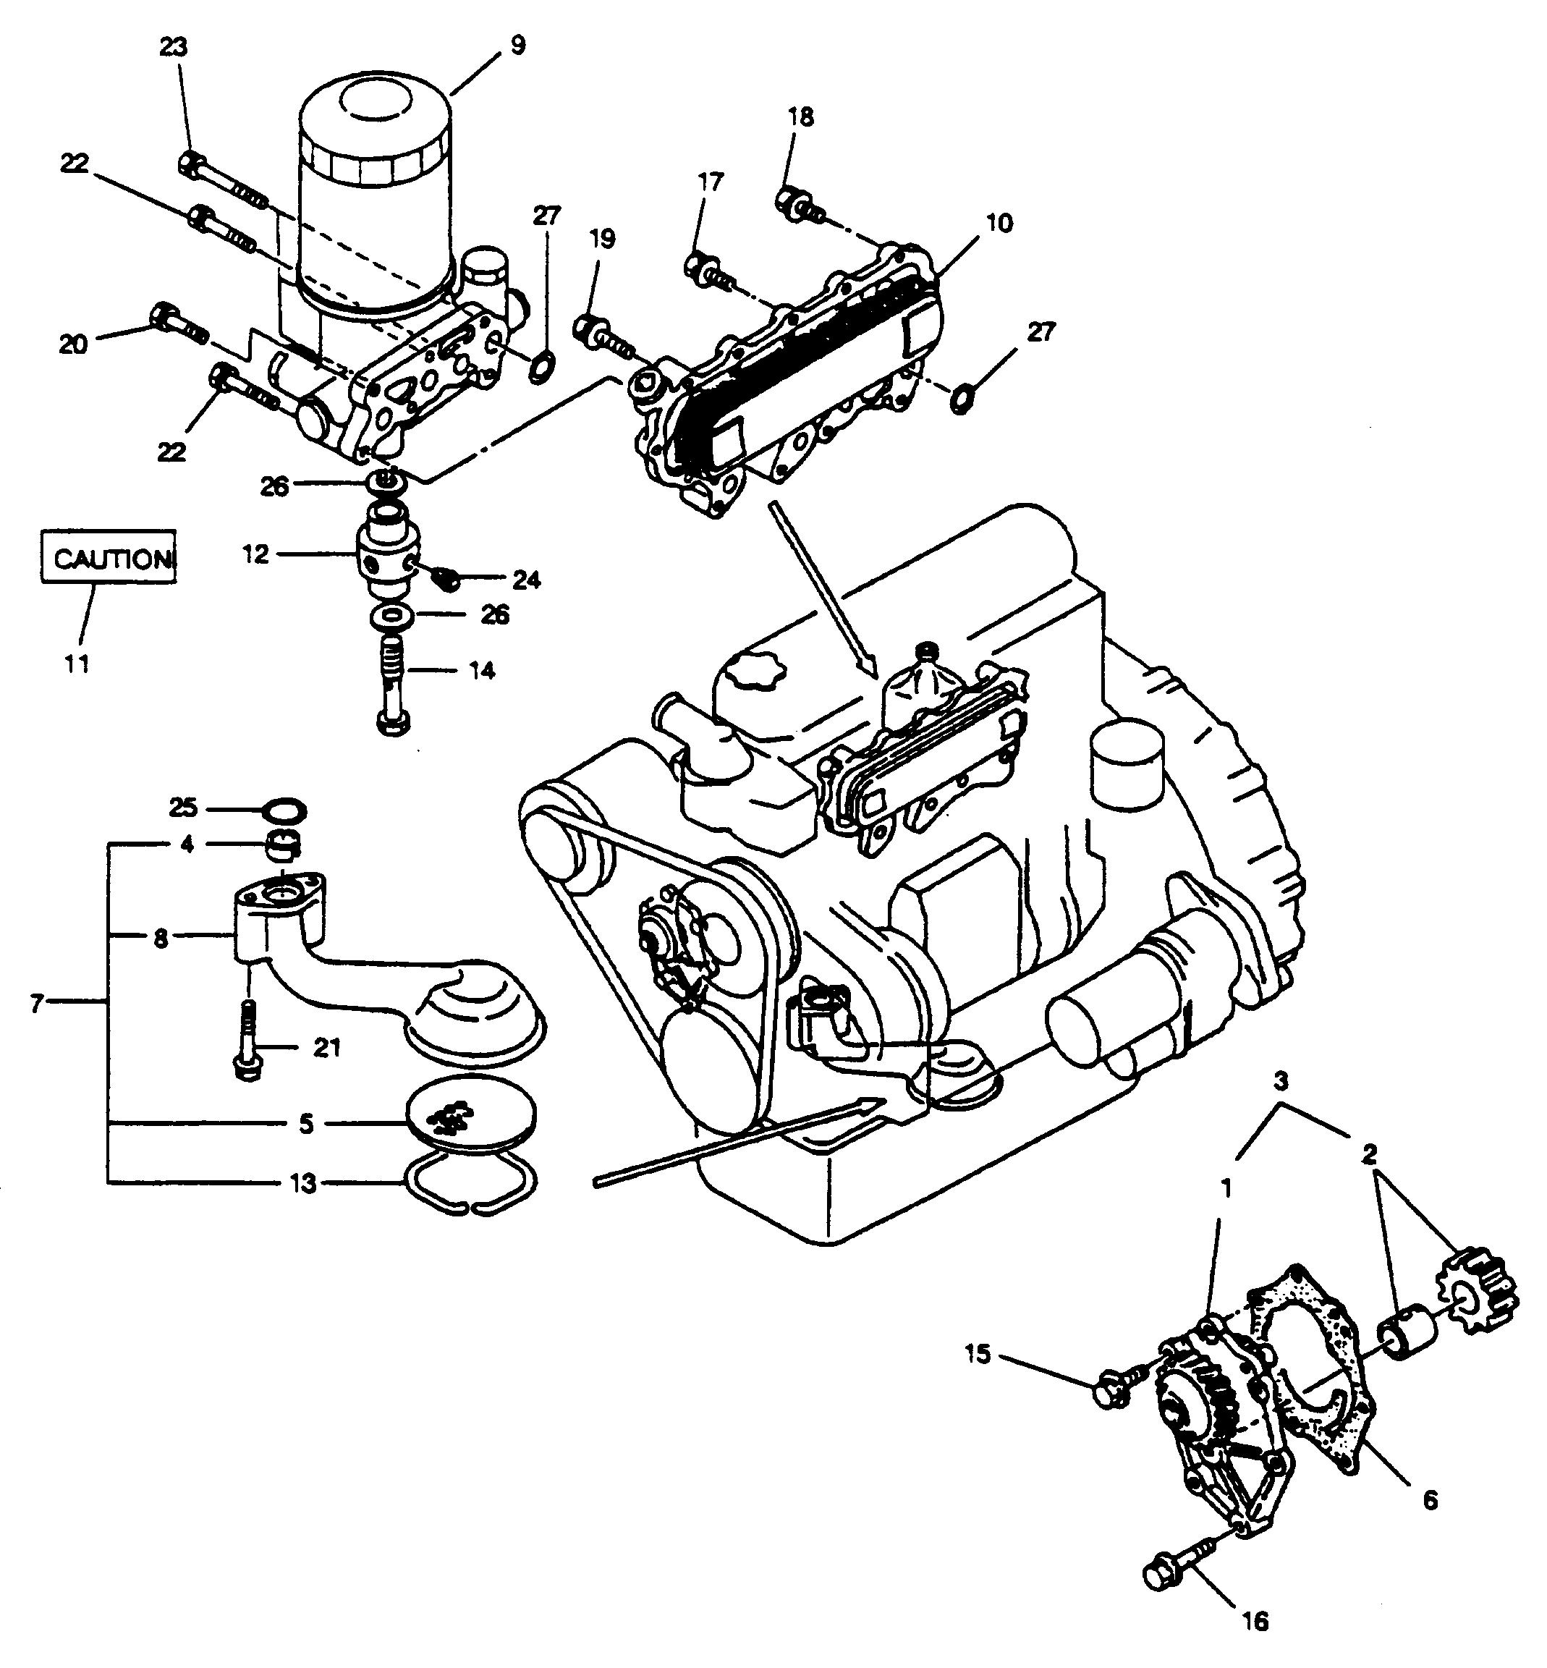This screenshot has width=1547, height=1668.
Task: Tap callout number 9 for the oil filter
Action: [517, 44]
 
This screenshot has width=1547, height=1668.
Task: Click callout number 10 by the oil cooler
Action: [999, 222]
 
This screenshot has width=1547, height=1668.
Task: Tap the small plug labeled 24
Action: [444, 577]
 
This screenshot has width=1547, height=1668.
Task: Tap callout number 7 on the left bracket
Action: [36, 1002]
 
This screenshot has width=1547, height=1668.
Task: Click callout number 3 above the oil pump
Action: [1281, 1081]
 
